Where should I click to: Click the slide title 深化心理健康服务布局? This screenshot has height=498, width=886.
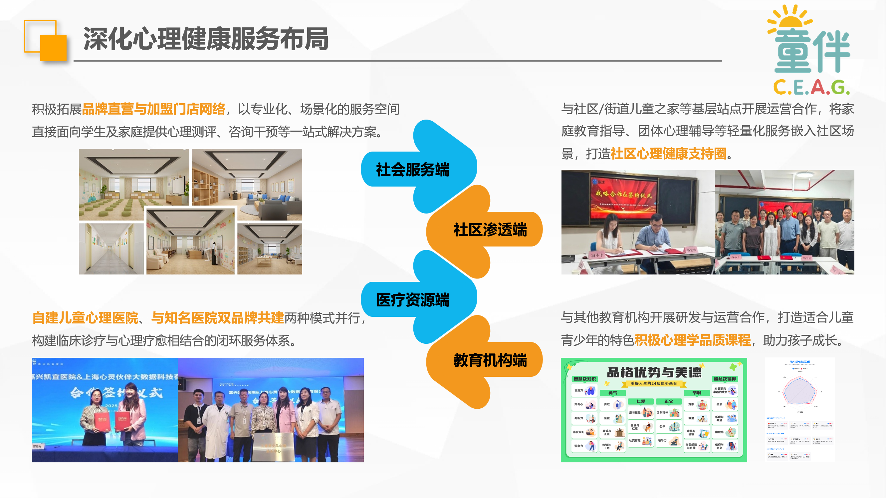[206, 39]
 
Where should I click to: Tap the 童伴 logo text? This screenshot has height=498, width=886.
[812, 52]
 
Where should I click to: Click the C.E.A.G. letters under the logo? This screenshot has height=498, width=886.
[811, 87]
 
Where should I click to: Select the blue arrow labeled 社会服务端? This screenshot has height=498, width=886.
[413, 170]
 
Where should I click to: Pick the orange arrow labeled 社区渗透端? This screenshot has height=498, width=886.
[490, 230]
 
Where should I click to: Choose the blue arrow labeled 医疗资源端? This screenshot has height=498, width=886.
[413, 300]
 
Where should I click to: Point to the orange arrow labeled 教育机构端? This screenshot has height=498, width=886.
[490, 360]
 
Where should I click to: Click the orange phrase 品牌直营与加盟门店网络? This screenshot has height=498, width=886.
[153, 109]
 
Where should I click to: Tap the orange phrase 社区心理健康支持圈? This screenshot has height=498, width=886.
[668, 154]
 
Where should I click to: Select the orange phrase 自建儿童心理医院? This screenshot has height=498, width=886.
[85, 318]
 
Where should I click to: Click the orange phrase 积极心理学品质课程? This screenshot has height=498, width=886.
[692, 340]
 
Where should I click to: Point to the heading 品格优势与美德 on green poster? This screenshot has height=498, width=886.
[653, 372]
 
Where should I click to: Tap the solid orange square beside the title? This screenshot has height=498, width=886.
[53, 48]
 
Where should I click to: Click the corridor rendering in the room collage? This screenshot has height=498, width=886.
[111, 249]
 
